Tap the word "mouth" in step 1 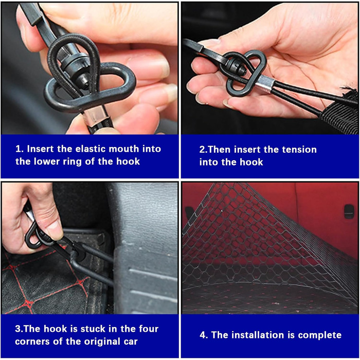[124, 149]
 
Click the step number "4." [204, 335]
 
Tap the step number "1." [20, 149]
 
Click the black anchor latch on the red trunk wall [349, 211]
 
